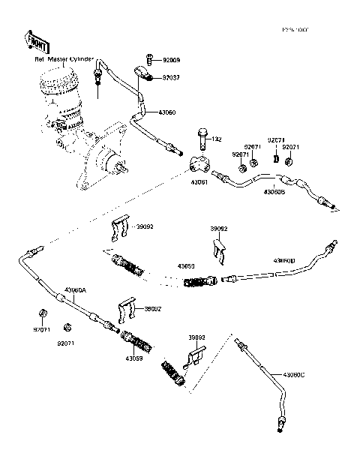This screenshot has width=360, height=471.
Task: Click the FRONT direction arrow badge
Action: tap(37, 41)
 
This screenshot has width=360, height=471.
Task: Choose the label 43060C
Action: tap(298, 373)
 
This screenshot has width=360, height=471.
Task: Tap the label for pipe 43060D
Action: tap(283, 260)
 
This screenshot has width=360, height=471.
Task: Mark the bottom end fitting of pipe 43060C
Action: tap(280, 427)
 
